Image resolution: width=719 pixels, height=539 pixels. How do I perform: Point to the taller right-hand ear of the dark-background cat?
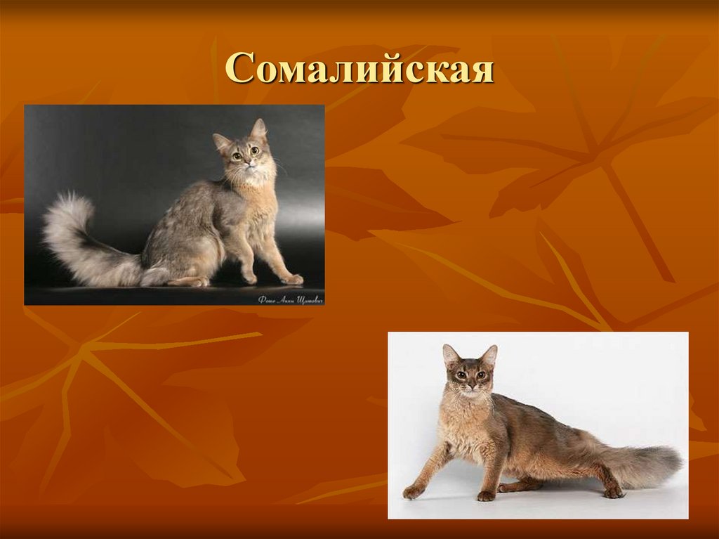(259, 129)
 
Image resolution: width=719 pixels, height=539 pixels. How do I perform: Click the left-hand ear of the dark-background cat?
(222, 142)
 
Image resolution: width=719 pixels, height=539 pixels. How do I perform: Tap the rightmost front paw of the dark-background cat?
(293, 279)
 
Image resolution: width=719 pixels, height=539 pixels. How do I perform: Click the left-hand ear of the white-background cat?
(449, 355)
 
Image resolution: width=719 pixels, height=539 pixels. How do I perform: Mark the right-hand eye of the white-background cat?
(480, 375)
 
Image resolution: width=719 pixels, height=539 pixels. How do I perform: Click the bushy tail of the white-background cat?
(642, 464)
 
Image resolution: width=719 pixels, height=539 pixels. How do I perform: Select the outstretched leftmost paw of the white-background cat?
(412, 493)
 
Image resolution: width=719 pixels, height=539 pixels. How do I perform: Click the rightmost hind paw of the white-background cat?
(613, 492)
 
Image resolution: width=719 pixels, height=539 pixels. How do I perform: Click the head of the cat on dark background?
(244, 151)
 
